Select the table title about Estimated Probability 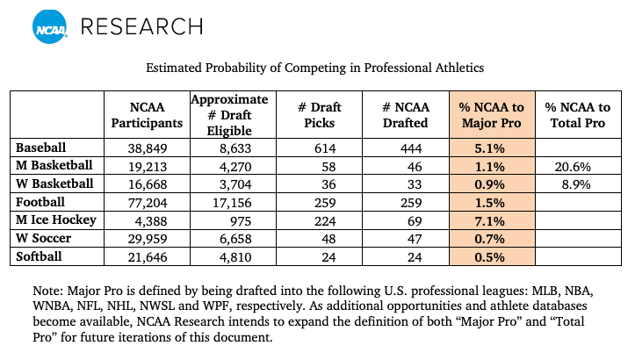pyautogui.click(x=314, y=67)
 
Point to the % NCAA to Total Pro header pyautogui.click(x=577, y=115)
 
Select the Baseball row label pyautogui.click(x=41, y=148)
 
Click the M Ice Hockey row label pyautogui.click(x=55, y=220)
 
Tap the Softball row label pyautogui.click(x=40, y=256)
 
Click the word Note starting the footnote pyautogui.click(x=43, y=290)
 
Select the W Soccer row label pyautogui.click(x=46, y=238)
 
